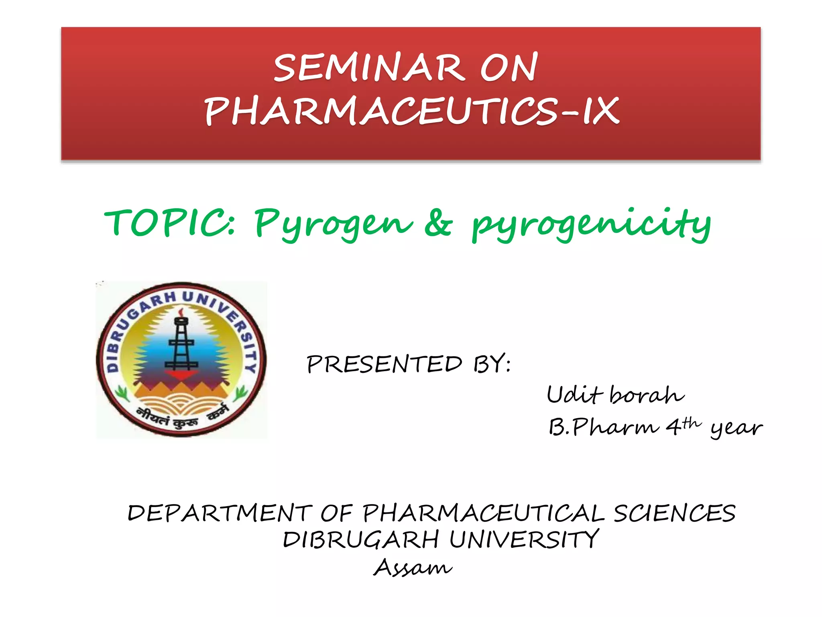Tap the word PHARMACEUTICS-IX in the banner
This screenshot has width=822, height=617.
pyautogui.click(x=411, y=111)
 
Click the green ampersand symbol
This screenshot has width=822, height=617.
pyautogui.click(x=438, y=223)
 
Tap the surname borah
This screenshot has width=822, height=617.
pyautogui.click(x=647, y=394)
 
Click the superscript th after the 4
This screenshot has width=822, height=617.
pyautogui.click(x=691, y=422)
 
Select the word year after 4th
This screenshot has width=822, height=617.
pyautogui.click(x=736, y=428)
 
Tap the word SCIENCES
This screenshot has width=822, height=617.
pyautogui.click(x=674, y=513)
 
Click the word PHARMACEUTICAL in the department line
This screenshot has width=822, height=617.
pyautogui.click(x=483, y=513)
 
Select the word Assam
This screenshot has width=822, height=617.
pyautogui.click(x=413, y=568)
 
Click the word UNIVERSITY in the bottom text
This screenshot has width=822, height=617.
pyautogui.click(x=524, y=539)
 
